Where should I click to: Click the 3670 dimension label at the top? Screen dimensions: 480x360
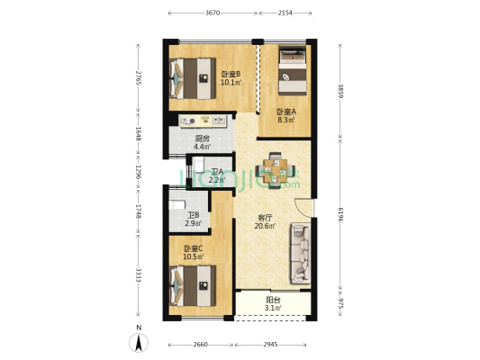[213, 13]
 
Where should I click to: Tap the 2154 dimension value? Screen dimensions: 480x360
[285, 13]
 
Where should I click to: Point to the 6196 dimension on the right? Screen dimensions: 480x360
[340, 214]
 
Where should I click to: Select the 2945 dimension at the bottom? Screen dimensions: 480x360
[270, 345]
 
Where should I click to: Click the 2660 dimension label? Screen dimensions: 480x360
[201, 345]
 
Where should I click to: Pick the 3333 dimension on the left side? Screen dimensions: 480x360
[139, 275]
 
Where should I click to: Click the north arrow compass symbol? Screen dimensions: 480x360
[139, 343]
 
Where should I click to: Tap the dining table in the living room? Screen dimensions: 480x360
[276, 171]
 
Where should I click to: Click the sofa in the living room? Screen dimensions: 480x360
[301, 253]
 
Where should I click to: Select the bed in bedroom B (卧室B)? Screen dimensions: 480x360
[192, 78]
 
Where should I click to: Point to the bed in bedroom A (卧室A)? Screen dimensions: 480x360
[293, 69]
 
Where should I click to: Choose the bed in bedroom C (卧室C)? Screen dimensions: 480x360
[192, 286]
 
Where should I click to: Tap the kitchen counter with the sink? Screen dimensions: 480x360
[203, 121]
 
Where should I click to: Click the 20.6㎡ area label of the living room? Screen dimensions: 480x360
[265, 226]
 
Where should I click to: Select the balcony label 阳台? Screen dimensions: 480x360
[273, 300]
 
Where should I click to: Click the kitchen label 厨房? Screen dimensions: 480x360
[202, 139]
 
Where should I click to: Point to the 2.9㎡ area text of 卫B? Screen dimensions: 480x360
[193, 223]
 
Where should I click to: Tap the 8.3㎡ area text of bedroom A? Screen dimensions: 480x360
[286, 120]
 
